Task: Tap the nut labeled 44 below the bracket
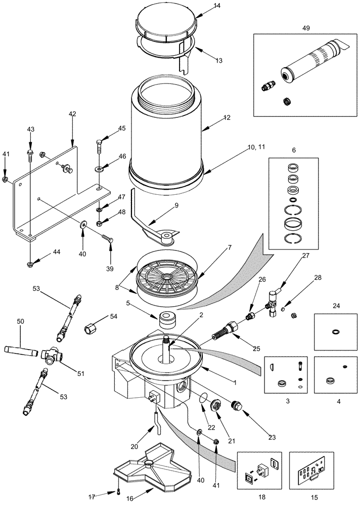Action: pyautogui.click(x=30, y=263)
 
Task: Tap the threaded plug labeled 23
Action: pyautogui.click(x=235, y=407)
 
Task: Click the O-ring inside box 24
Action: pyautogui.click(x=335, y=332)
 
